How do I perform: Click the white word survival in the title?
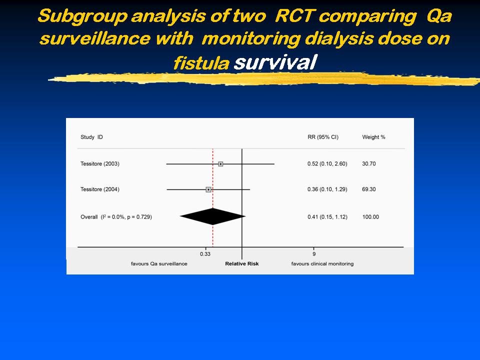(275, 62)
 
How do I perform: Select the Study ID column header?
(91, 137)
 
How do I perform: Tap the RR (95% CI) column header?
(323, 137)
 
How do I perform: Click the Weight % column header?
(373, 137)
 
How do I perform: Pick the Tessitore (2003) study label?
(100, 164)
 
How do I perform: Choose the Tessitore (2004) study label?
(100, 189)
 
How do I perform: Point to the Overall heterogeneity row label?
(116, 216)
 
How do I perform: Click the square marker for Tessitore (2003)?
(220, 164)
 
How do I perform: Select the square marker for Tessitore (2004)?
(208, 190)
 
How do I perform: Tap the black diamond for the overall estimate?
(213, 216)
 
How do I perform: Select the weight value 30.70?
(368, 164)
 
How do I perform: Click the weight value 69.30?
(368, 189)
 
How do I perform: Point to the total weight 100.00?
(370, 216)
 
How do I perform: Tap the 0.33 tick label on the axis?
(205, 254)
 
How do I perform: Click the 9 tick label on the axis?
(314, 254)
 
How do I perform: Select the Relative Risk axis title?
(242, 263)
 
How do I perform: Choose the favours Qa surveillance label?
(159, 263)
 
